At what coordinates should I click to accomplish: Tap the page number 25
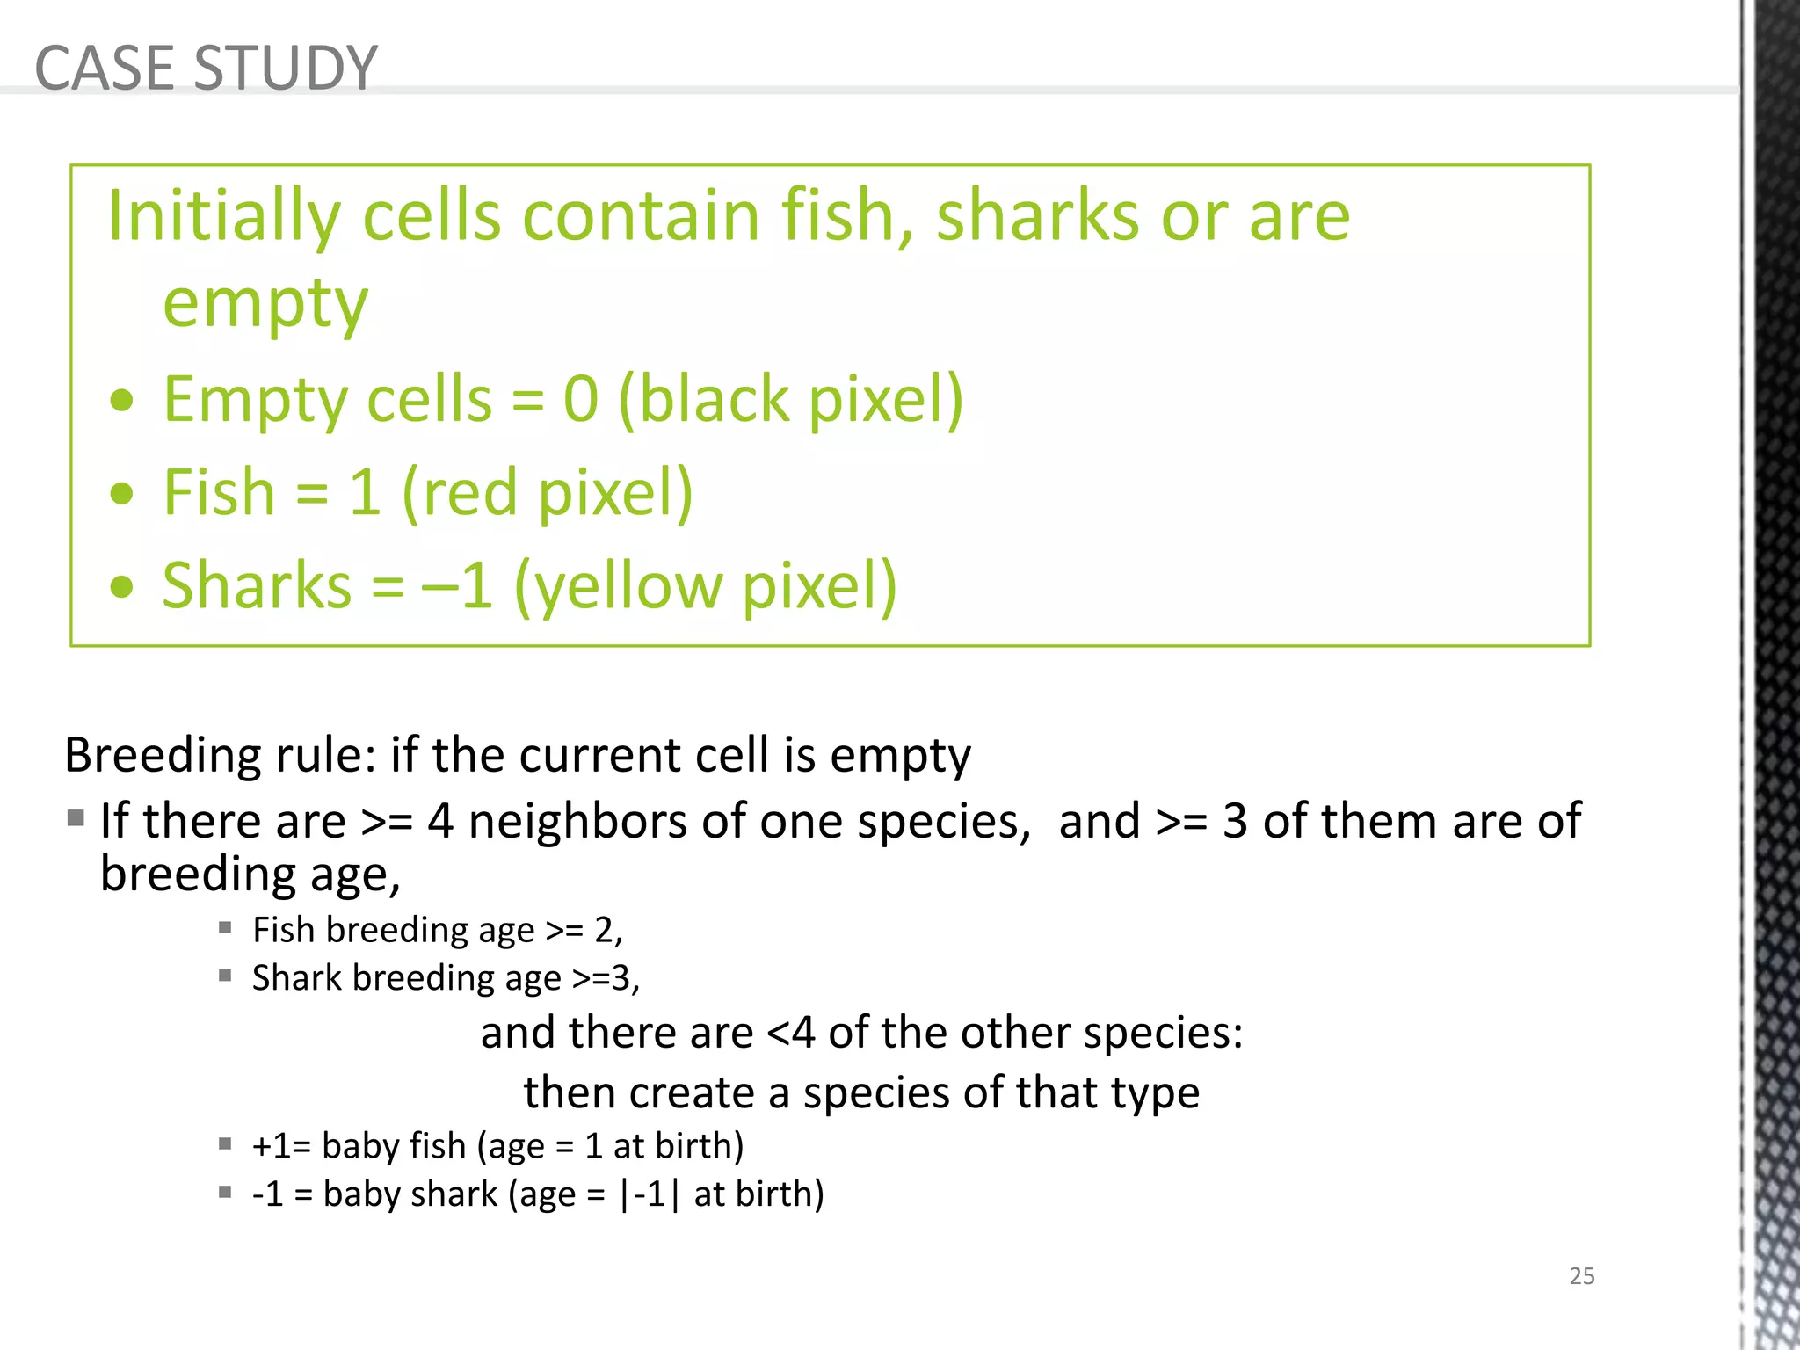(1581, 1276)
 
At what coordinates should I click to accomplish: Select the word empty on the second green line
(265, 303)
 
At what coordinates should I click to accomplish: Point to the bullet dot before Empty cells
(122, 402)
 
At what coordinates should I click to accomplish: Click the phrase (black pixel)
(791, 400)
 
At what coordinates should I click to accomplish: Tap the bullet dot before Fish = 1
(122, 494)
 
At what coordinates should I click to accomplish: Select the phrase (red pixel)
(548, 493)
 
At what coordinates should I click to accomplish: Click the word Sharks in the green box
(257, 585)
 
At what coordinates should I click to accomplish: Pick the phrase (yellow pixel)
(705, 586)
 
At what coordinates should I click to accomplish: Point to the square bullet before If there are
(76, 819)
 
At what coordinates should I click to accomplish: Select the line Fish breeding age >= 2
(437, 930)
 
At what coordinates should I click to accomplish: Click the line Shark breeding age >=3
(446, 978)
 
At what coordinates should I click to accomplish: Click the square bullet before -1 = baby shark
(226, 1193)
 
